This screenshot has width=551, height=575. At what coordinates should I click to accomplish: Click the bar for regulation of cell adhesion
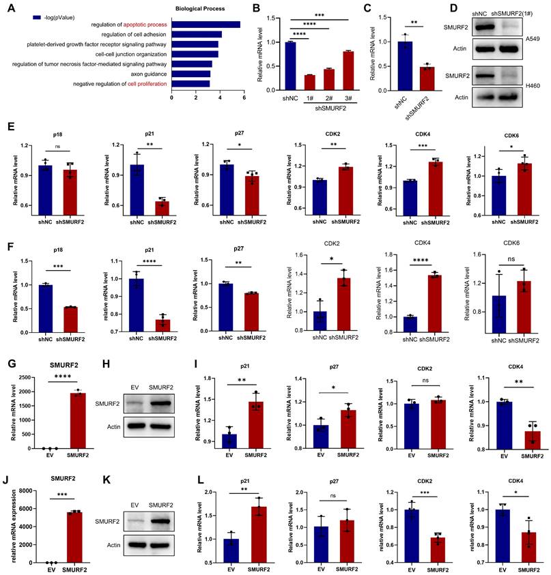(197, 34)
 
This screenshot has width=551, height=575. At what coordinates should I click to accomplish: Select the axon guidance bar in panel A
(191, 73)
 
